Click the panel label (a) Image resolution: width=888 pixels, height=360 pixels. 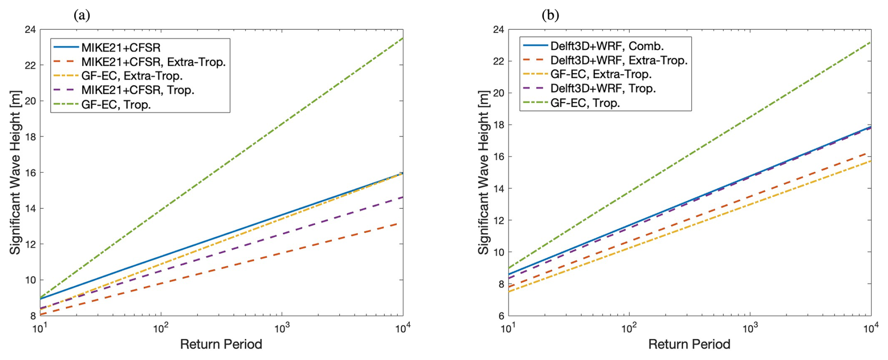82,15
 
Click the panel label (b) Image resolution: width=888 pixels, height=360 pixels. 550,15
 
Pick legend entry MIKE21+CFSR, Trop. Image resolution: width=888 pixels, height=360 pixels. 138,90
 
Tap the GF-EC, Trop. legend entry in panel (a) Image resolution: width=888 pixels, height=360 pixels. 116,104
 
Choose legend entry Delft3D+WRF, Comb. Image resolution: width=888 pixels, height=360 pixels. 607,46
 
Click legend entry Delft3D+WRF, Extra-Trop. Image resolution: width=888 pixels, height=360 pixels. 619,60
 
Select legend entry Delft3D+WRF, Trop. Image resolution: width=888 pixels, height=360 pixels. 603,88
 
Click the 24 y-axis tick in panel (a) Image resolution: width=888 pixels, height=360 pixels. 30,30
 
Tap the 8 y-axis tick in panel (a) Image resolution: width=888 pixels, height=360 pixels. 33,315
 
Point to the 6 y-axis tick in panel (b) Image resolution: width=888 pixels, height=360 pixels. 501,315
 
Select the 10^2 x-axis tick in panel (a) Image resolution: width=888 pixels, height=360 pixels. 161,328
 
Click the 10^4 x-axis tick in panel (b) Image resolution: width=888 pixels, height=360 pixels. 871,328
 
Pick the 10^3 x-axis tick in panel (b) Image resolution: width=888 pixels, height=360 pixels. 750,328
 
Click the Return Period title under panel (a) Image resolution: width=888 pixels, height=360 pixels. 221,345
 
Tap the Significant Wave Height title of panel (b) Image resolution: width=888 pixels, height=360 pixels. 483,172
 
